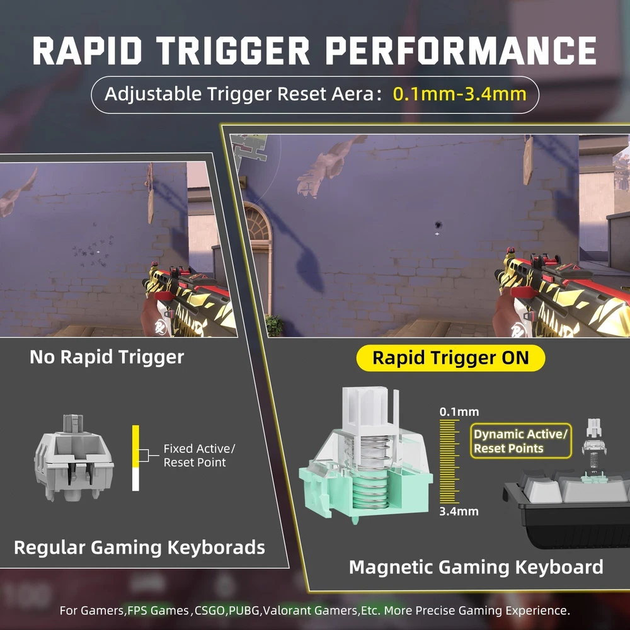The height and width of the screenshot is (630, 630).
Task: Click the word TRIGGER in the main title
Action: (232, 50)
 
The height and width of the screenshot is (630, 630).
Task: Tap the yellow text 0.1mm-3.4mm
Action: (460, 94)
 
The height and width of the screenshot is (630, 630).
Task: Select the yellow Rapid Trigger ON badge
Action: (450, 358)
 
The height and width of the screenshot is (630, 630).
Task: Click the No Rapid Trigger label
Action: (107, 357)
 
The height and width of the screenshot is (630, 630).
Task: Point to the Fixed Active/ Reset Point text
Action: (199, 455)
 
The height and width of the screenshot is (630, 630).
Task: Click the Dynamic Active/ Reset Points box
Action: (521, 441)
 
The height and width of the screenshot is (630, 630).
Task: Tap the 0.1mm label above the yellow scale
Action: (459, 412)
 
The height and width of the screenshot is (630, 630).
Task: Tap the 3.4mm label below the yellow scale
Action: (459, 512)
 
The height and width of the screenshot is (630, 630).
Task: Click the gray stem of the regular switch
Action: (74, 423)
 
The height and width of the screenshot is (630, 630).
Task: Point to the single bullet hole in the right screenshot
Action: (438, 225)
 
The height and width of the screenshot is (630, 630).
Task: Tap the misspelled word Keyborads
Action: (216, 547)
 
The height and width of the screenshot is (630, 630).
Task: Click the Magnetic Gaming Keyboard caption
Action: (476, 568)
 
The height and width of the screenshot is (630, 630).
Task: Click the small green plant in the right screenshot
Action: (275, 326)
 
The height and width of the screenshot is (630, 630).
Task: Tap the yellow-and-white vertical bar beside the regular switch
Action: (136, 458)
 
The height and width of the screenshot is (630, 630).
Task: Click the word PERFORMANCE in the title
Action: (461, 50)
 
